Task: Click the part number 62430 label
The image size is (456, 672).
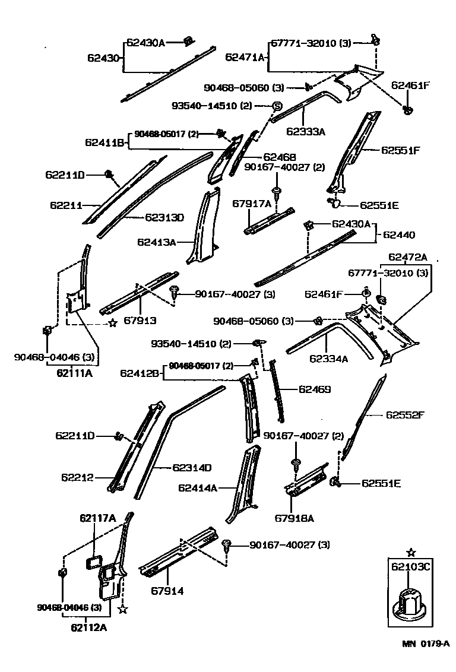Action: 104,58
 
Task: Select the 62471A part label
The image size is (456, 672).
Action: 245,57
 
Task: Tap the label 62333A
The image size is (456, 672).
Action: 306,132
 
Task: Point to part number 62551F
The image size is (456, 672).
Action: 400,150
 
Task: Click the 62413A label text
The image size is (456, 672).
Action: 157,242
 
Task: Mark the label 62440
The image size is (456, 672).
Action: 398,235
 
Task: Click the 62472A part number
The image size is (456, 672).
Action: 407,257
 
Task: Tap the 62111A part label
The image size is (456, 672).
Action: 74,373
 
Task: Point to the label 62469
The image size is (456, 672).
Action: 314,389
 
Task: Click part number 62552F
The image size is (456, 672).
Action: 406,414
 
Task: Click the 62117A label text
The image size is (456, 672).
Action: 97,518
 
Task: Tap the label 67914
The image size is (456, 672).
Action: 167,591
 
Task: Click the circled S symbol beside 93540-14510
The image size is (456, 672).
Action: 277,106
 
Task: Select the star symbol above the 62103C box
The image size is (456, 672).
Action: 411,552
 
